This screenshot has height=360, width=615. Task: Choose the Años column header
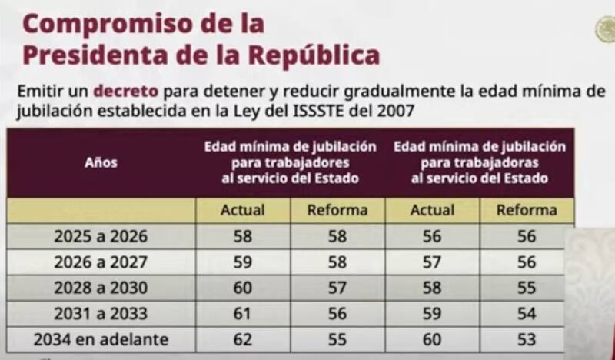pos(101,163)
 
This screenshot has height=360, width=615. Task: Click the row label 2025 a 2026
pos(101,236)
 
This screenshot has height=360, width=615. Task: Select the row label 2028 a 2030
pos(101,288)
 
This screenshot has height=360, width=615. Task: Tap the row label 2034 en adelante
pos(101,339)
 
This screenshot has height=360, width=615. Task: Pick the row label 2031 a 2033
pos(101,314)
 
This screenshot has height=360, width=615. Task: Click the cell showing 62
pos(242,339)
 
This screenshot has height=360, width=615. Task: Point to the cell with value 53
pos(527,339)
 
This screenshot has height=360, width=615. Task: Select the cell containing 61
pos(242,314)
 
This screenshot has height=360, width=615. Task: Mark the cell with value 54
pos(527,314)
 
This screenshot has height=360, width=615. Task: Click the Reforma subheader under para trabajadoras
pos(527,210)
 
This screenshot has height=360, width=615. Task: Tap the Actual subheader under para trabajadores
pos(242,210)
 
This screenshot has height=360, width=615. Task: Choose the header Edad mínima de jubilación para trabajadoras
pos(480,162)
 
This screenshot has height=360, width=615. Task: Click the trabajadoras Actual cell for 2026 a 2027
pos(432,262)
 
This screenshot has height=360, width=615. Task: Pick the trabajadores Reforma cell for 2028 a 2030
pos(337,288)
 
